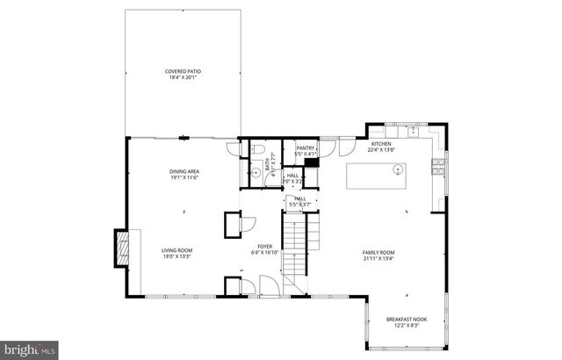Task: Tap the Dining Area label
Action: coord(185,172)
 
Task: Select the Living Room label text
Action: coord(177,250)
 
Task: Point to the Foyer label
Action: coord(264,246)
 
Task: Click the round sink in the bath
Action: coord(255,174)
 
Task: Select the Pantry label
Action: coord(305,148)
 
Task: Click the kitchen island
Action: coord(376,177)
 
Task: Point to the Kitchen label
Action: coord(381,144)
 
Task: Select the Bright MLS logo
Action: coord(29,350)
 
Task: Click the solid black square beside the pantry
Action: coord(311,162)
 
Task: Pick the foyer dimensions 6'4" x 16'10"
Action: coord(264,252)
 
